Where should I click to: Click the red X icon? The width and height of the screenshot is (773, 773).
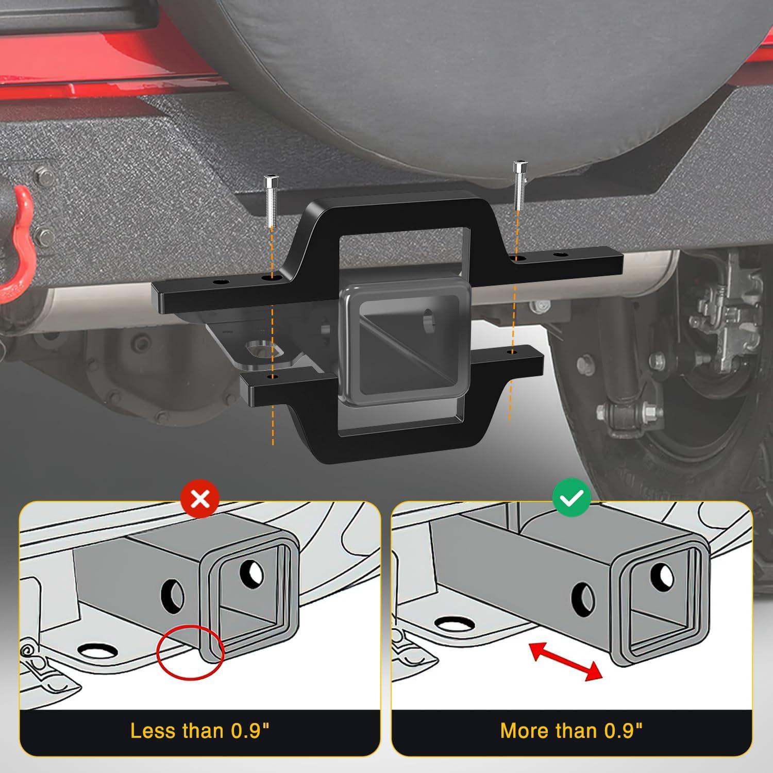[200, 498]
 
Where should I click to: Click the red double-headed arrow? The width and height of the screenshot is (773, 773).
[566, 660]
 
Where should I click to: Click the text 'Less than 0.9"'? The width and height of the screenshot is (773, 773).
[199, 731]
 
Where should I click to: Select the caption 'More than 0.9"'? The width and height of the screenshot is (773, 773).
[572, 731]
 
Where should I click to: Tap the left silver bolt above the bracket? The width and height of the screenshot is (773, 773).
[269, 201]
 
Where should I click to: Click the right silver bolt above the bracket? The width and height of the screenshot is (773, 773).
[518, 186]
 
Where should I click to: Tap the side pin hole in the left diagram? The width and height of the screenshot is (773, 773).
[174, 595]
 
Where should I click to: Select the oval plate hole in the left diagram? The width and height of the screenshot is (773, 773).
[96, 651]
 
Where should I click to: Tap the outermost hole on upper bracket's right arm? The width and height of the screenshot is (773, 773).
[560, 255]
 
